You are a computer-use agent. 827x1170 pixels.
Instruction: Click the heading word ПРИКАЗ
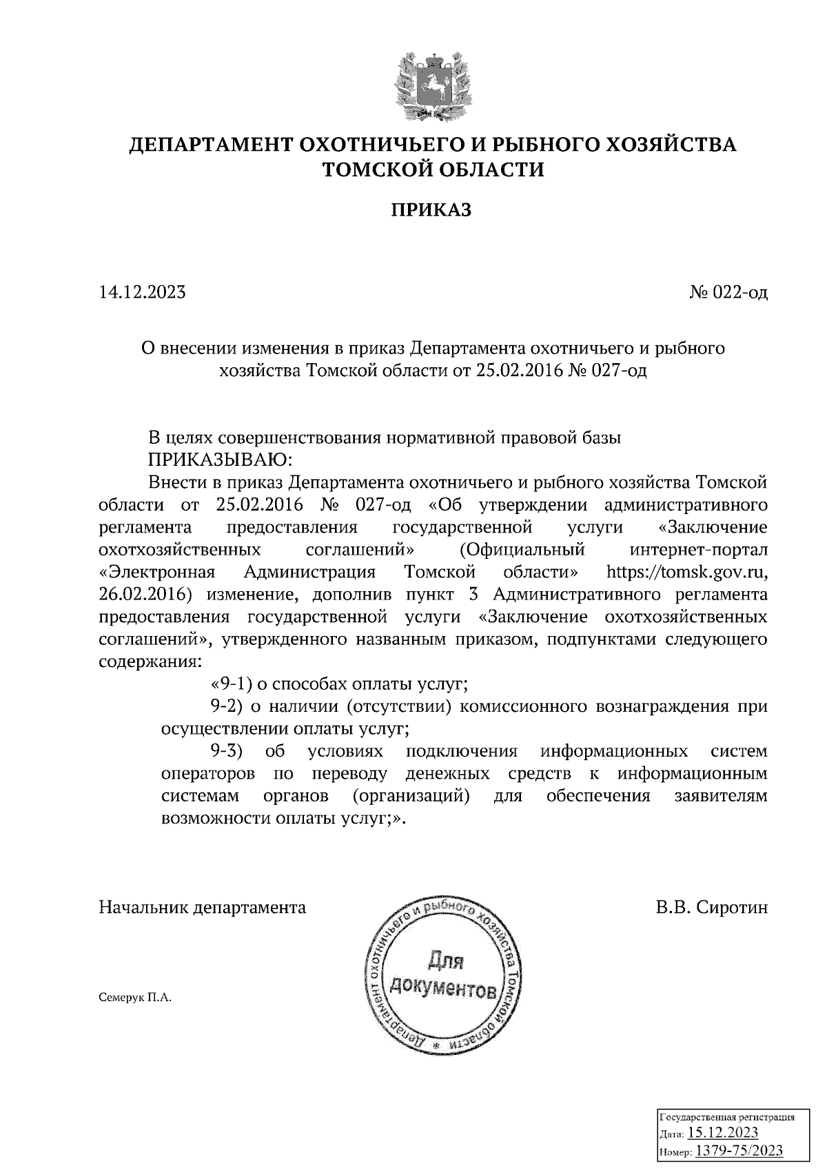[x=432, y=209]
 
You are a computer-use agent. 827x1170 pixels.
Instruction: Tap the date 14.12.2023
[x=142, y=293]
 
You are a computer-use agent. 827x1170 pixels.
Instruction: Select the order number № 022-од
[x=728, y=293]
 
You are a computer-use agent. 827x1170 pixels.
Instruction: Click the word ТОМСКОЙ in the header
[x=382, y=169]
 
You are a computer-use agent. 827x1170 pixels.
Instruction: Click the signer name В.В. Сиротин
[x=711, y=907]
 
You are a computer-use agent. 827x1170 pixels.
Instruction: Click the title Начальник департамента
[x=203, y=907]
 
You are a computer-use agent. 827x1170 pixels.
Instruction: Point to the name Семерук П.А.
[x=134, y=997]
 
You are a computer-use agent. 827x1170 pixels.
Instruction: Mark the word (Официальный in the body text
[x=522, y=551]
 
